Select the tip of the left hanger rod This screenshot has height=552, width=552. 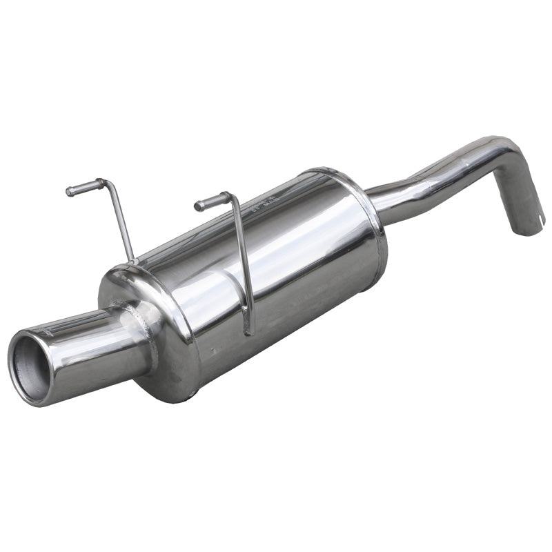[70, 192]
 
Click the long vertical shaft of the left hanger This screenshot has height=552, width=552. [122, 221]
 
